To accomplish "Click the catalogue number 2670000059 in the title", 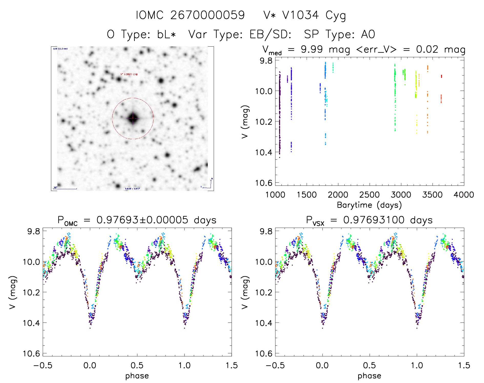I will tap(208, 15).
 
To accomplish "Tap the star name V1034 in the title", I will tap(300, 15).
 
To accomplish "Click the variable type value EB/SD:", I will tap(270, 34).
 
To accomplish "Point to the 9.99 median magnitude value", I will tap(312, 49).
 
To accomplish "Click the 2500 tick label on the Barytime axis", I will tap(369, 195).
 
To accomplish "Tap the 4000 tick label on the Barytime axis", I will tap(464, 195).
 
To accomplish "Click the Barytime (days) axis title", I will tap(369, 205).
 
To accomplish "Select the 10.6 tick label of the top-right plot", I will tap(264, 183).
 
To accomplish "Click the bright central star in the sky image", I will tap(133, 118).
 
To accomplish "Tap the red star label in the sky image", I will tap(129, 74).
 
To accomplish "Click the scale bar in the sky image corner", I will tap(65, 189).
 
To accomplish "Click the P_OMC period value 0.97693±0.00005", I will tap(142, 220).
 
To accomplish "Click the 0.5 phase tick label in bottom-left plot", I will tap(137, 365).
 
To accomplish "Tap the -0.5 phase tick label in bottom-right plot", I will tap(275, 365).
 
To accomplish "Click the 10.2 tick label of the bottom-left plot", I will tap(32, 292).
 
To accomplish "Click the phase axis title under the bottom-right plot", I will tap(369, 376).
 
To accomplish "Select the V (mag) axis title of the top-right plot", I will tap(245, 122).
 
